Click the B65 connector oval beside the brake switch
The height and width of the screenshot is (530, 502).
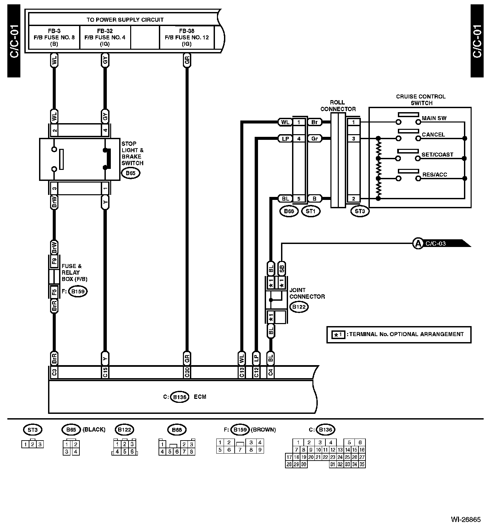pos(131,173)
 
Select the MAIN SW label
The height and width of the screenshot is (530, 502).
pos(434,118)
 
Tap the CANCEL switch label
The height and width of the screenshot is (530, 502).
pos(433,135)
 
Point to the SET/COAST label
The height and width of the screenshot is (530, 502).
pos(437,155)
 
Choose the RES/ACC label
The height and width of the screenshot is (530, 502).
pos(435,175)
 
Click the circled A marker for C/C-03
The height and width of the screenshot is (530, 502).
pos(418,243)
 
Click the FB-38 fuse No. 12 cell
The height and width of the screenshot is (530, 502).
pos(187,37)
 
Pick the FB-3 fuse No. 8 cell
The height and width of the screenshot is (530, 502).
pos(54,37)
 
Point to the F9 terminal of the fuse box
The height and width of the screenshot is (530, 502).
pos(54,260)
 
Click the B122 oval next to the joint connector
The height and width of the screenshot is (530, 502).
pos(299,307)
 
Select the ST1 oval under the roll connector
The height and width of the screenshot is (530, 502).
pos(310,211)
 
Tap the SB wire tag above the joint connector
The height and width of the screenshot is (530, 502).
pos(282,268)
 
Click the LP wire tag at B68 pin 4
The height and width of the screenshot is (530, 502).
pos(285,139)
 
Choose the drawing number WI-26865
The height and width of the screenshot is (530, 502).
pos(466,520)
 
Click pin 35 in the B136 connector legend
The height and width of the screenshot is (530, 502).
pos(362,464)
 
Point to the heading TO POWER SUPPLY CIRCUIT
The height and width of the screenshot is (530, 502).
pos(125,20)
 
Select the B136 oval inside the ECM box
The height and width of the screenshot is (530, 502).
pos(180,397)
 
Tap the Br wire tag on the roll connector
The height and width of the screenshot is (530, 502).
pos(314,122)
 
